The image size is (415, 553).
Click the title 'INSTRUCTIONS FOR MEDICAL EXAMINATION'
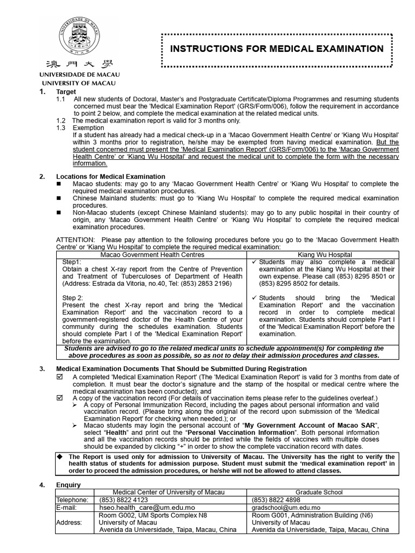277,49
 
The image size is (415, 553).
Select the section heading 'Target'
67,92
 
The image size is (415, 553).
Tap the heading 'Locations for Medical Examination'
111,177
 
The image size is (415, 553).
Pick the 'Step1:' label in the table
72,261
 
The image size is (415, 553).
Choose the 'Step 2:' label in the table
73,298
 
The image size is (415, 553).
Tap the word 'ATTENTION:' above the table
76,240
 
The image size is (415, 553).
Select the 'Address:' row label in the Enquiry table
69,523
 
